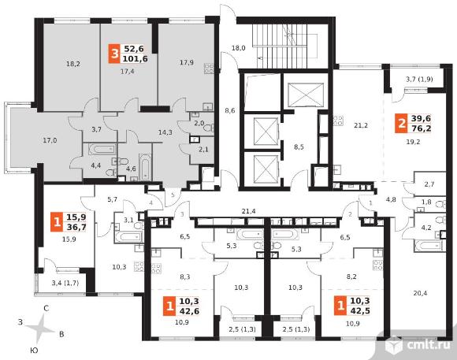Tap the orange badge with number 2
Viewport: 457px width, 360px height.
pos(402,124)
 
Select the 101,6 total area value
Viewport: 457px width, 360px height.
pos(136,58)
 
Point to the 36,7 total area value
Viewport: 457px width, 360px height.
pos(76,227)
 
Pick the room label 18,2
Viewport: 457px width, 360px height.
pos(72,64)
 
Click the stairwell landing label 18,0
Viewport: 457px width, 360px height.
pos(239,48)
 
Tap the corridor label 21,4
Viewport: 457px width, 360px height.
pos(249,211)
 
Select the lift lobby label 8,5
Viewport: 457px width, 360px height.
pos(299,147)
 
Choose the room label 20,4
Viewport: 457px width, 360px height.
pos(420,293)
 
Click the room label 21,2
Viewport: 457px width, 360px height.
pos(361,125)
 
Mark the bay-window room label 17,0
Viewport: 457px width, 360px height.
pos(50,140)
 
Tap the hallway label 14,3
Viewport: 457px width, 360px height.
pos(165,132)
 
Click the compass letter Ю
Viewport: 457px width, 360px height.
pos(34,351)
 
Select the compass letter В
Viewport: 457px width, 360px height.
pos(61,334)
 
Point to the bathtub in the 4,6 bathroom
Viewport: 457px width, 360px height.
pos(145,168)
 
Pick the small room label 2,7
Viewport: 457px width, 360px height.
pos(429,184)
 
